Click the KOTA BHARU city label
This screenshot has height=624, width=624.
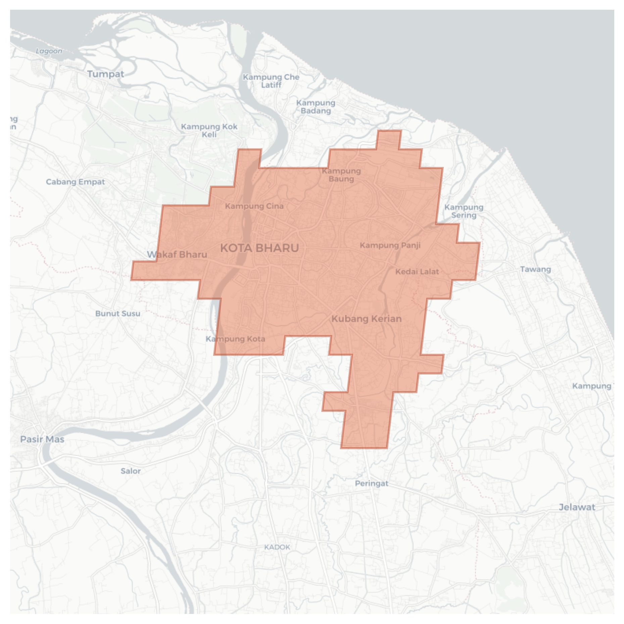(x=259, y=248)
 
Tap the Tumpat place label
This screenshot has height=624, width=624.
(x=105, y=74)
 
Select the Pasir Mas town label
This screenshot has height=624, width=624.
(x=42, y=439)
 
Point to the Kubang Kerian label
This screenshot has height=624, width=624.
(x=367, y=319)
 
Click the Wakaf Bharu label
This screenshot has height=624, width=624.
(x=177, y=254)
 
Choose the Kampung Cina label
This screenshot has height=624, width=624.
(x=254, y=206)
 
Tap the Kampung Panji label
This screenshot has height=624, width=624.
(x=390, y=245)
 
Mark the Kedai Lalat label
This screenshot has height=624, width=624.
(x=417, y=272)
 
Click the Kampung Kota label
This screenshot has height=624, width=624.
(x=235, y=339)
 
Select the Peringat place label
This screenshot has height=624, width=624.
(x=372, y=483)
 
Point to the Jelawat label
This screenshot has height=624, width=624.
(x=577, y=507)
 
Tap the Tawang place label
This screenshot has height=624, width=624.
(x=535, y=269)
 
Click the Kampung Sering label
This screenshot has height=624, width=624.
(x=464, y=211)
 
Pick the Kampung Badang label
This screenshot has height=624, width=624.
(x=316, y=107)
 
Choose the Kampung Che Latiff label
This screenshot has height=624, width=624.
(x=271, y=81)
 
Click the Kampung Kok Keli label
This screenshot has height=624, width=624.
(x=209, y=131)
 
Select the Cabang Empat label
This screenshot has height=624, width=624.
(x=75, y=182)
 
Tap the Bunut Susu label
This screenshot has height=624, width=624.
(x=117, y=314)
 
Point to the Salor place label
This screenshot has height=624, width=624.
(x=131, y=471)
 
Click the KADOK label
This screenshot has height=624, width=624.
(x=277, y=547)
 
